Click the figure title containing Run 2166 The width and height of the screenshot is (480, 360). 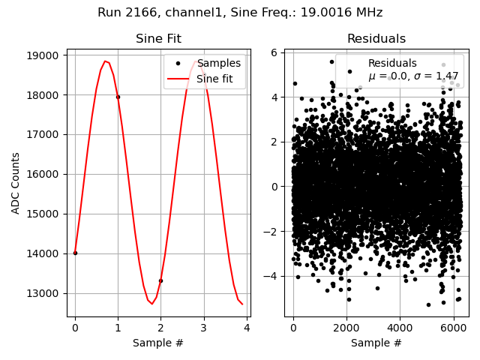(x=240, y=13)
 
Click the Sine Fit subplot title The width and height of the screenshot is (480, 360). (x=158, y=39)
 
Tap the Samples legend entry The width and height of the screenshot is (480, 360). (x=218, y=63)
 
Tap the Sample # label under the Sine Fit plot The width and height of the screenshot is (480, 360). (x=158, y=343)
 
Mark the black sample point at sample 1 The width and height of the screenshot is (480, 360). (x=118, y=97)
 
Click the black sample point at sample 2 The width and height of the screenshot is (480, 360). (x=160, y=280)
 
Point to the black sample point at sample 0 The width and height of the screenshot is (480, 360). (x=75, y=253)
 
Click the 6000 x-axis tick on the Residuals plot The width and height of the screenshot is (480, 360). (x=453, y=328)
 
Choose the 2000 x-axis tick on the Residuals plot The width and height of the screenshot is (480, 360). (x=346, y=328)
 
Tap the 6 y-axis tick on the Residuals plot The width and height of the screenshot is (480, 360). (x=276, y=52)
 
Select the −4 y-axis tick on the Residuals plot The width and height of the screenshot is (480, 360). (x=272, y=276)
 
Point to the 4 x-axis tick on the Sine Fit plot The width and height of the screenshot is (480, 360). (x=247, y=328)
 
